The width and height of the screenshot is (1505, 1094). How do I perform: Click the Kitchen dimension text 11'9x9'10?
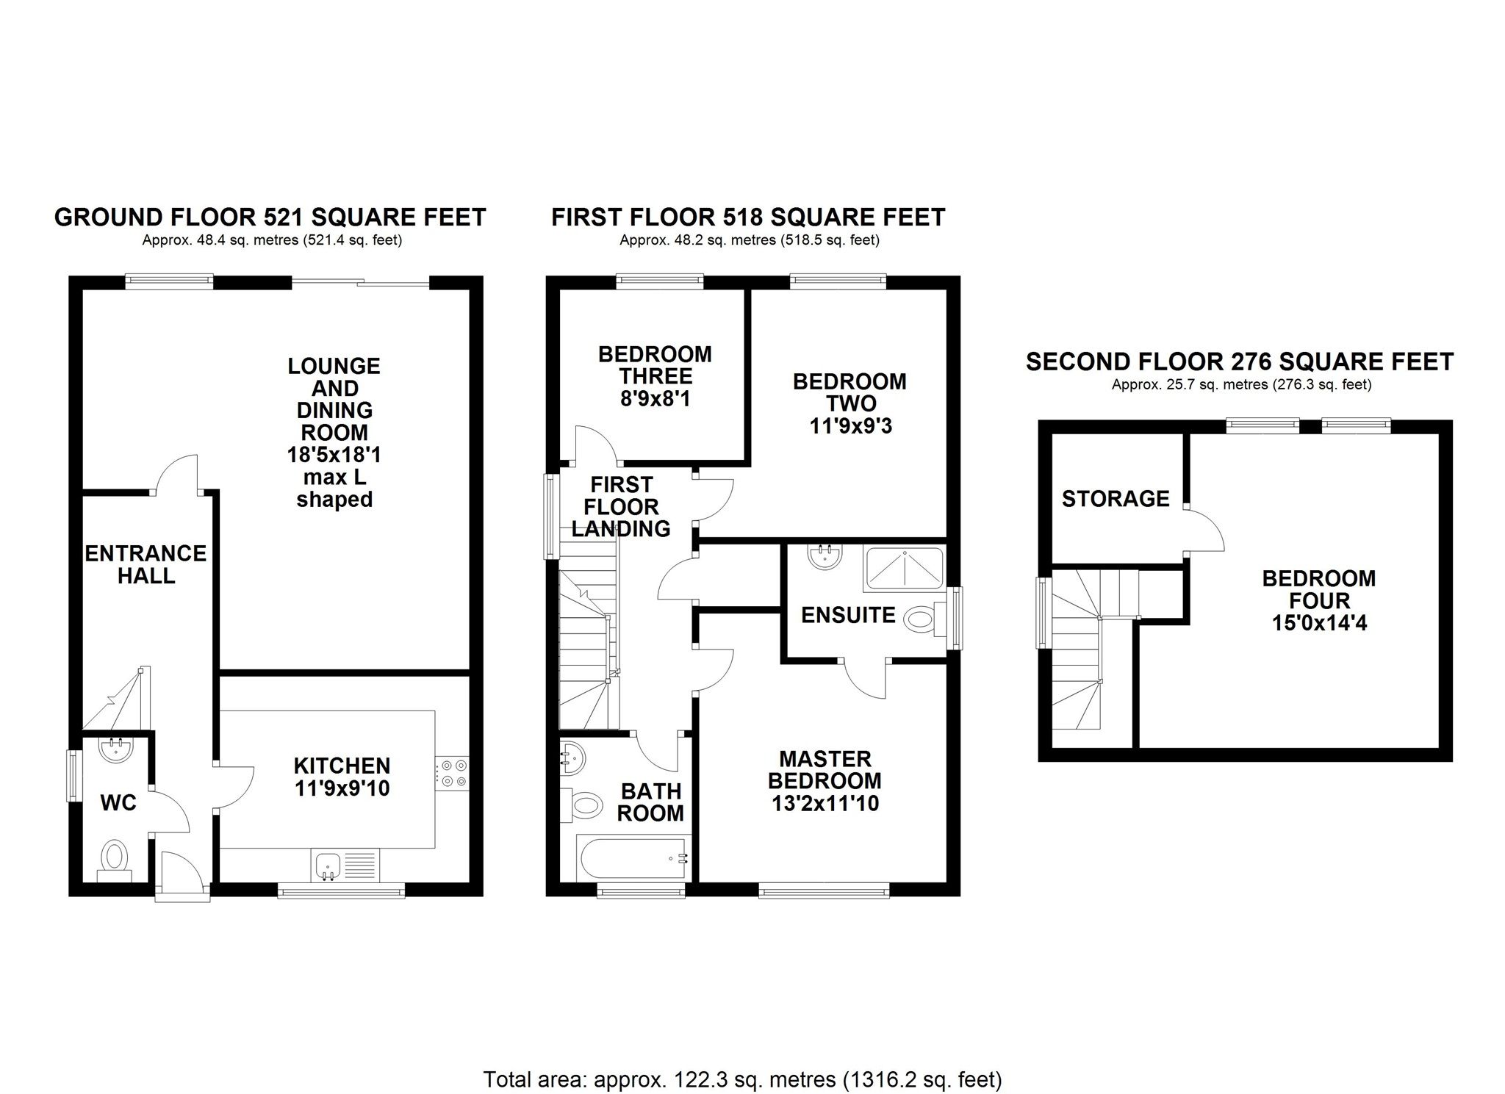(x=342, y=788)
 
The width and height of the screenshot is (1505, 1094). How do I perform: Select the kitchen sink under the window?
(x=328, y=865)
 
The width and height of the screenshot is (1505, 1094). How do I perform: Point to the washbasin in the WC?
(x=116, y=750)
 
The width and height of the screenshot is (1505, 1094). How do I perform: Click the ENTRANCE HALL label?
(x=146, y=564)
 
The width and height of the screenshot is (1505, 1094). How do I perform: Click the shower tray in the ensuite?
(x=904, y=568)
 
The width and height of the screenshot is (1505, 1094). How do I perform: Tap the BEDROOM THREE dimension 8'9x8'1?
(x=654, y=399)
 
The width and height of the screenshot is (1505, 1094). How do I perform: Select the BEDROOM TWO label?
(x=850, y=392)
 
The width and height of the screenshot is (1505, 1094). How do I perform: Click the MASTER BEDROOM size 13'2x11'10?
(x=825, y=803)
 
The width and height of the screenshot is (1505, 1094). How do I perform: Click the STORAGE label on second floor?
(x=1115, y=499)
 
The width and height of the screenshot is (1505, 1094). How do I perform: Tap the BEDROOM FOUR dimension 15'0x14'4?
(x=1318, y=623)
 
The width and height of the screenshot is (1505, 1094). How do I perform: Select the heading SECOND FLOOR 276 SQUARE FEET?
(x=1240, y=361)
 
